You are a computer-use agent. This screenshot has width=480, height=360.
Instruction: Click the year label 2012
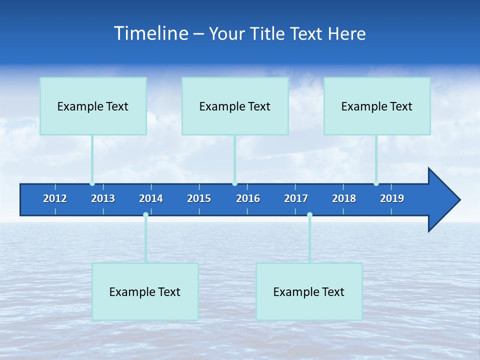(55, 198)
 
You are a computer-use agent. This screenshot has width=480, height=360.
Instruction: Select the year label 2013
(103, 198)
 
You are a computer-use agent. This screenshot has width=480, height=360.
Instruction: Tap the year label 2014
(151, 198)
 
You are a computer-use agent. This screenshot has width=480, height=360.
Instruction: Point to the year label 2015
(199, 198)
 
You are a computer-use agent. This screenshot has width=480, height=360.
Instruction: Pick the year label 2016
(248, 198)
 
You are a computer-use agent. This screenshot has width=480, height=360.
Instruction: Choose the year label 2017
(296, 198)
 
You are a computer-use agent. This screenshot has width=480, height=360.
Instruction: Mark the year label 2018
(344, 198)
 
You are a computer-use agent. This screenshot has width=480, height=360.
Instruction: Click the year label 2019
(392, 198)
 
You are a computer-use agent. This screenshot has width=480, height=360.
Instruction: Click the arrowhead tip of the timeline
(459, 200)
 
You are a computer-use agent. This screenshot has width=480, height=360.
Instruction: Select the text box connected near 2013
(93, 106)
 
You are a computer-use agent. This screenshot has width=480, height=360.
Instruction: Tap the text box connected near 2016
(235, 106)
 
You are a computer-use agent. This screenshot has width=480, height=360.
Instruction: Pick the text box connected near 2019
(377, 106)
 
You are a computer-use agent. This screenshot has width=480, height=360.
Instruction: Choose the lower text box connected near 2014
(145, 291)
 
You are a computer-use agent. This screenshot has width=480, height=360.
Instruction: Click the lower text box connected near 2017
(309, 291)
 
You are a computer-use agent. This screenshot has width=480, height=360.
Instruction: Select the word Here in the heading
(346, 33)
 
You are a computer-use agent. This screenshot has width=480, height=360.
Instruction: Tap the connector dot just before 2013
(92, 183)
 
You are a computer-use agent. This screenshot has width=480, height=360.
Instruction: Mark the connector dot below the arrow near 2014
(145, 215)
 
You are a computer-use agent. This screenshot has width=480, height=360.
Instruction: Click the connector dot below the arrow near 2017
(309, 215)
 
